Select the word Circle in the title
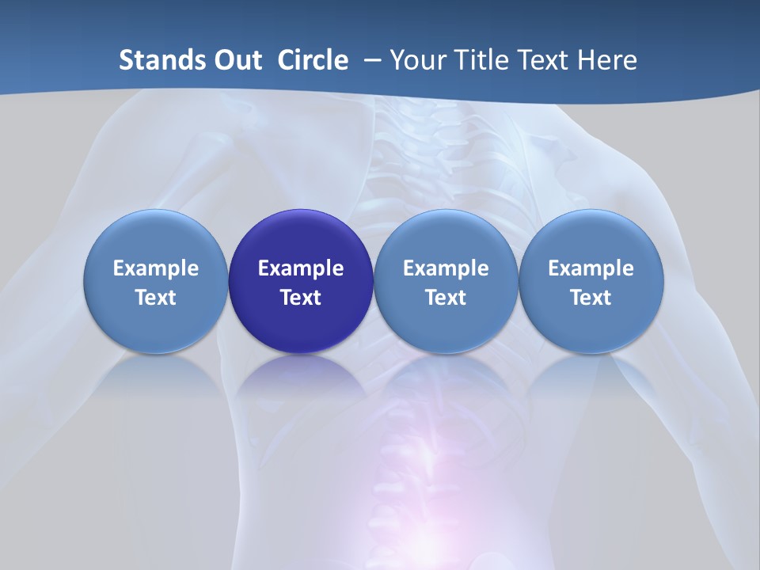tap(313, 60)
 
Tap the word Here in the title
tap(610, 60)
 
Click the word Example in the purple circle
tap(301, 268)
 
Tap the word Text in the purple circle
tap(301, 298)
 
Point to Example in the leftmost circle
tap(155, 268)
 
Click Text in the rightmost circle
tap(591, 298)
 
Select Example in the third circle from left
tap(446, 268)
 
